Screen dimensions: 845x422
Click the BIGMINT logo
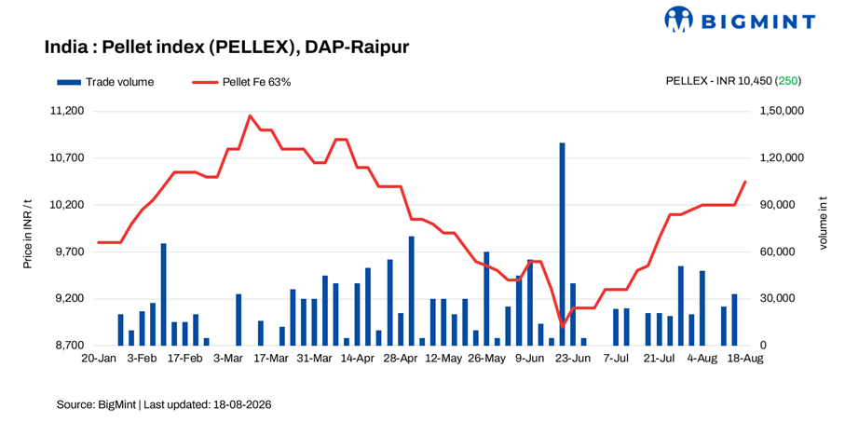[740, 20]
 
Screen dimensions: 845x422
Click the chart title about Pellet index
[227, 48]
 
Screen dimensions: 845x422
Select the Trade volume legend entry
[105, 83]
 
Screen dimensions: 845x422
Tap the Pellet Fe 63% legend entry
[242, 83]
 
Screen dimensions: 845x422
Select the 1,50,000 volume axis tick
[774, 112]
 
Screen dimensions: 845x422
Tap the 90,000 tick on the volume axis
[774, 205]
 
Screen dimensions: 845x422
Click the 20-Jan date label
[99, 359]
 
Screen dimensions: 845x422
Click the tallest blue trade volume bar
[562, 244]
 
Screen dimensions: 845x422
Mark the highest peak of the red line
[250, 116]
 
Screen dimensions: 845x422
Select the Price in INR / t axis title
[27, 234]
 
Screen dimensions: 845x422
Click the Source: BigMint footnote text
[164, 403]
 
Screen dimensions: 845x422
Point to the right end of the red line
[746, 182]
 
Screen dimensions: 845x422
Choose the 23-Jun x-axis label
[573, 359]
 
